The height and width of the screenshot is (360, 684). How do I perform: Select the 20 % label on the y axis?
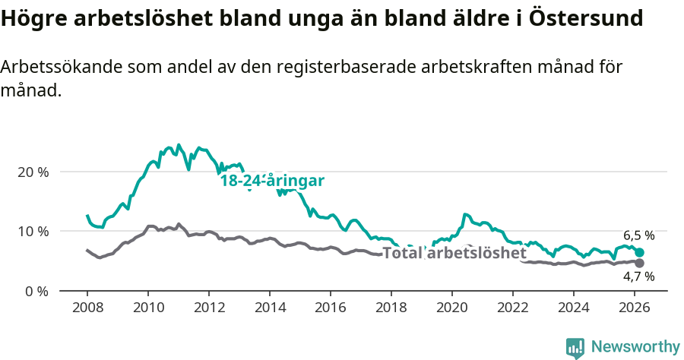click(x=32, y=172)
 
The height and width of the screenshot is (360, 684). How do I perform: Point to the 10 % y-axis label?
click(x=32, y=231)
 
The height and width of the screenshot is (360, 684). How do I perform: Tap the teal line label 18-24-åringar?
click(x=272, y=181)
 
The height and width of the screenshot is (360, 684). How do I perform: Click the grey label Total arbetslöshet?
click(x=454, y=253)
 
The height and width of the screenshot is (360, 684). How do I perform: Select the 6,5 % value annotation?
click(x=638, y=235)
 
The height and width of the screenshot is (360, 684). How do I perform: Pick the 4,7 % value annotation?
click(x=638, y=276)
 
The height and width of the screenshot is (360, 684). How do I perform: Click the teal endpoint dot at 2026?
click(x=639, y=252)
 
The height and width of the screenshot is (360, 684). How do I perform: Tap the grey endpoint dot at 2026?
click(x=639, y=263)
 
